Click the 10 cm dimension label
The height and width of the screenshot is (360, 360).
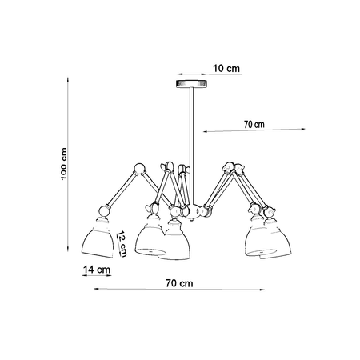[x=226, y=69]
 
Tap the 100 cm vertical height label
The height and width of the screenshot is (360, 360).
[x=64, y=164]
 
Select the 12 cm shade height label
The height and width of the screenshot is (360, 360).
[x=122, y=244]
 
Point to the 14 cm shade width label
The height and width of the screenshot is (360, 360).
[x=97, y=270]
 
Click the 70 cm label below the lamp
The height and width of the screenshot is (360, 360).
[x=179, y=283]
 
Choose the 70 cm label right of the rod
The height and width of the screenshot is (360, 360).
[x=254, y=124]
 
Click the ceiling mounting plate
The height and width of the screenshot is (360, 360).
[x=191, y=84]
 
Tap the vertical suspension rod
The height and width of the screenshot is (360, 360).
[x=192, y=146]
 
